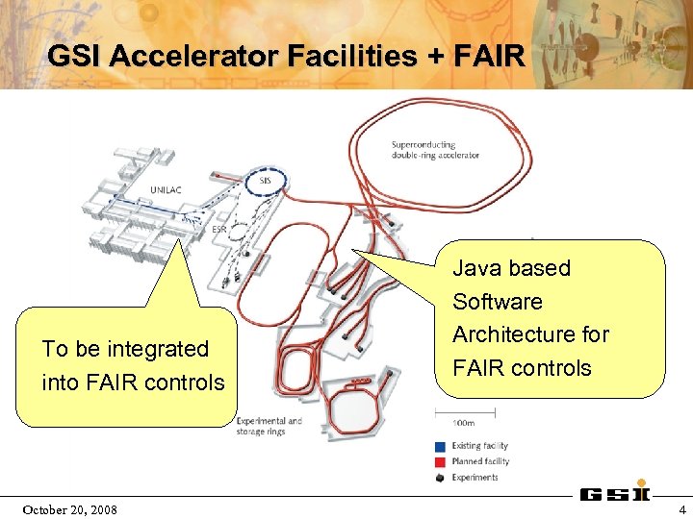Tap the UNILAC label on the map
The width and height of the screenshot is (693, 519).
pyautogui.click(x=165, y=190)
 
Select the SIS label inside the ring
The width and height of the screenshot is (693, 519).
pyautogui.click(x=266, y=181)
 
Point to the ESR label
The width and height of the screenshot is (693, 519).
pyautogui.click(x=219, y=230)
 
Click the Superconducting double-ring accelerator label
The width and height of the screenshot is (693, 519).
pyautogui.click(x=435, y=150)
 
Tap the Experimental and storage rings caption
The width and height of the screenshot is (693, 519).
pyautogui.click(x=269, y=426)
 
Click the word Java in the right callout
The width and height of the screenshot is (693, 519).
pyautogui.click(x=476, y=268)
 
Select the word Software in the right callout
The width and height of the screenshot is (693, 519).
pyautogui.click(x=498, y=302)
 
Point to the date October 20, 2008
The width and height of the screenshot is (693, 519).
pyautogui.click(x=69, y=508)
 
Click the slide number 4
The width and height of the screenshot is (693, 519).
pyautogui.click(x=681, y=508)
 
